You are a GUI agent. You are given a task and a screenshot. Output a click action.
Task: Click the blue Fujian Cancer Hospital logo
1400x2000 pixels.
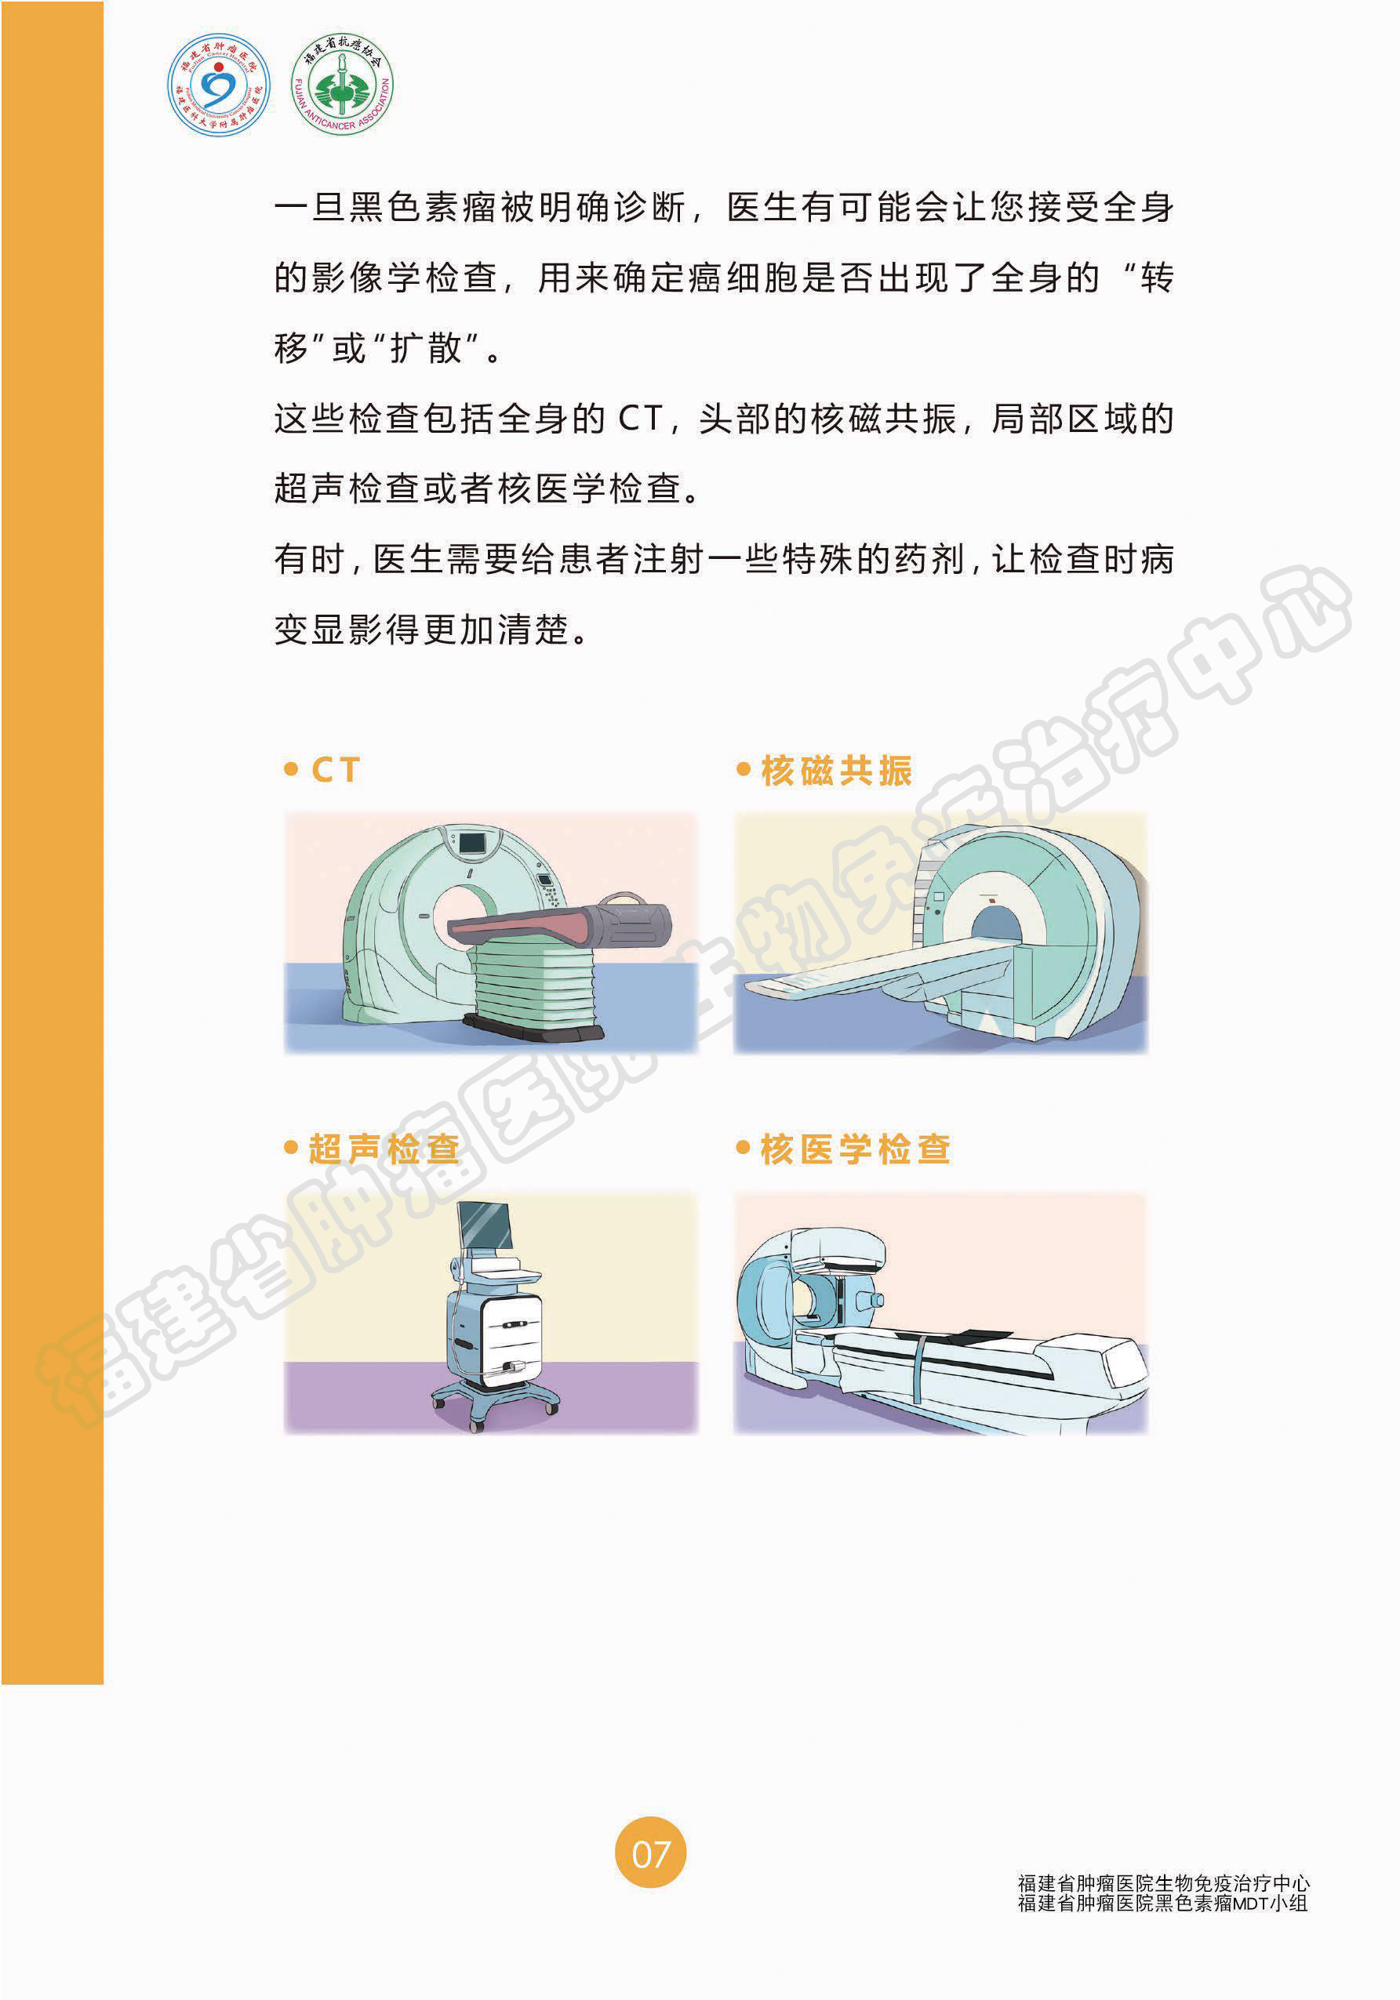(x=219, y=85)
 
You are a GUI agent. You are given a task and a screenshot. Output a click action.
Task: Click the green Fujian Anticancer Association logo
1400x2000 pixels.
(x=341, y=85)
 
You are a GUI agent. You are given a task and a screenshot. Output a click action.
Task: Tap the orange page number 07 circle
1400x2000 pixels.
(x=651, y=1852)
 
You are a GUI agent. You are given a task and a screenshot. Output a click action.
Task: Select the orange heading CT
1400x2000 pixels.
(x=336, y=770)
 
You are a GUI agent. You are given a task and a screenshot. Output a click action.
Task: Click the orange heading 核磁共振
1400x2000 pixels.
(x=836, y=770)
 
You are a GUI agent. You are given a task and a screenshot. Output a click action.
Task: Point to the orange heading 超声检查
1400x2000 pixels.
(x=384, y=1149)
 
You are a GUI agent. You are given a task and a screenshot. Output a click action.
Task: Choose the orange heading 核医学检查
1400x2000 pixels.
(x=856, y=1149)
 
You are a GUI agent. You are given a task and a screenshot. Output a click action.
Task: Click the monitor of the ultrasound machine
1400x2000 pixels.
(x=485, y=1226)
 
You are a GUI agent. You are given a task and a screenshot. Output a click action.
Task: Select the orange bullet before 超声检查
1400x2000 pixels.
(x=291, y=1147)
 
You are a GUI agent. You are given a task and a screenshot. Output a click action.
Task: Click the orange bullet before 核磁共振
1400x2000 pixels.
(x=743, y=769)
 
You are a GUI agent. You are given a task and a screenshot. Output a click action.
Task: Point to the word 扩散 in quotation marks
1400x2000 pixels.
(x=425, y=348)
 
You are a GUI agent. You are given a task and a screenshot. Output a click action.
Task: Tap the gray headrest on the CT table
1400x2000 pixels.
(x=629, y=924)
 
